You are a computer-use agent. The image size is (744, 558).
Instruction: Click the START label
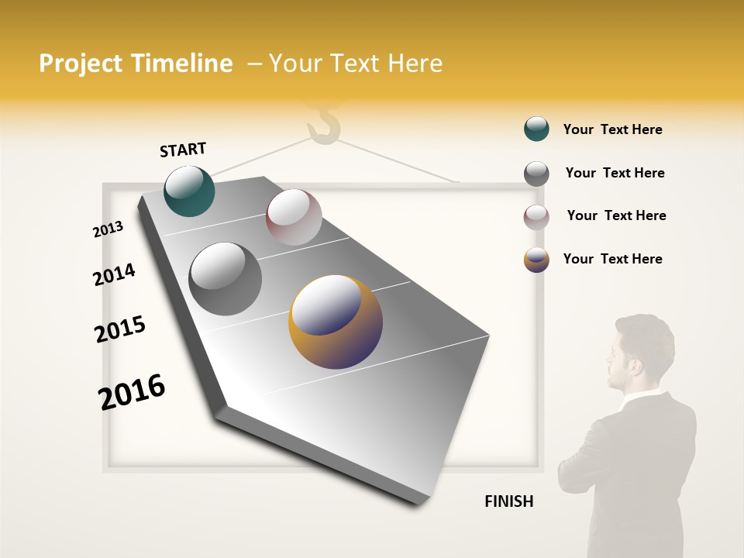click(183, 149)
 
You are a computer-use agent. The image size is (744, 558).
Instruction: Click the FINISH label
click(508, 501)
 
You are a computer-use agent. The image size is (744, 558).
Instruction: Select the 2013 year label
click(108, 229)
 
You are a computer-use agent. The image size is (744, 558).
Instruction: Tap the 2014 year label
click(114, 274)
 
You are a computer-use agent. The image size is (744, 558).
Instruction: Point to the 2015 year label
click(120, 329)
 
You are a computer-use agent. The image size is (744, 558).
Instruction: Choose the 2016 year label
click(132, 391)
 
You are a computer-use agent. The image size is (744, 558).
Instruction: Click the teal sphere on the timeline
click(189, 191)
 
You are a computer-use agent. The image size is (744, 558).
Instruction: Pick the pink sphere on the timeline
click(294, 217)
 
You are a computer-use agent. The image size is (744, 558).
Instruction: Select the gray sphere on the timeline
click(225, 278)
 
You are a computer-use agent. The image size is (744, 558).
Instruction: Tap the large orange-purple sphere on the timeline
click(336, 321)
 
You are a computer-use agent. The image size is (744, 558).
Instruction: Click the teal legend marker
click(536, 129)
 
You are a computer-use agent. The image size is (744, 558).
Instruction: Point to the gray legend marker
click(536, 174)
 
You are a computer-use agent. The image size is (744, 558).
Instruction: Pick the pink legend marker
click(536, 217)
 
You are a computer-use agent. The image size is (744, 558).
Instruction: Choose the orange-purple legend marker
click(536, 260)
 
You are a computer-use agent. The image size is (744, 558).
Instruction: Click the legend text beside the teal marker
click(612, 129)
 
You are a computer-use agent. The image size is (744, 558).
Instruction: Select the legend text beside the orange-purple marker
click(612, 259)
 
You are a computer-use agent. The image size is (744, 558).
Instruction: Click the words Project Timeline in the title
click(136, 64)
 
